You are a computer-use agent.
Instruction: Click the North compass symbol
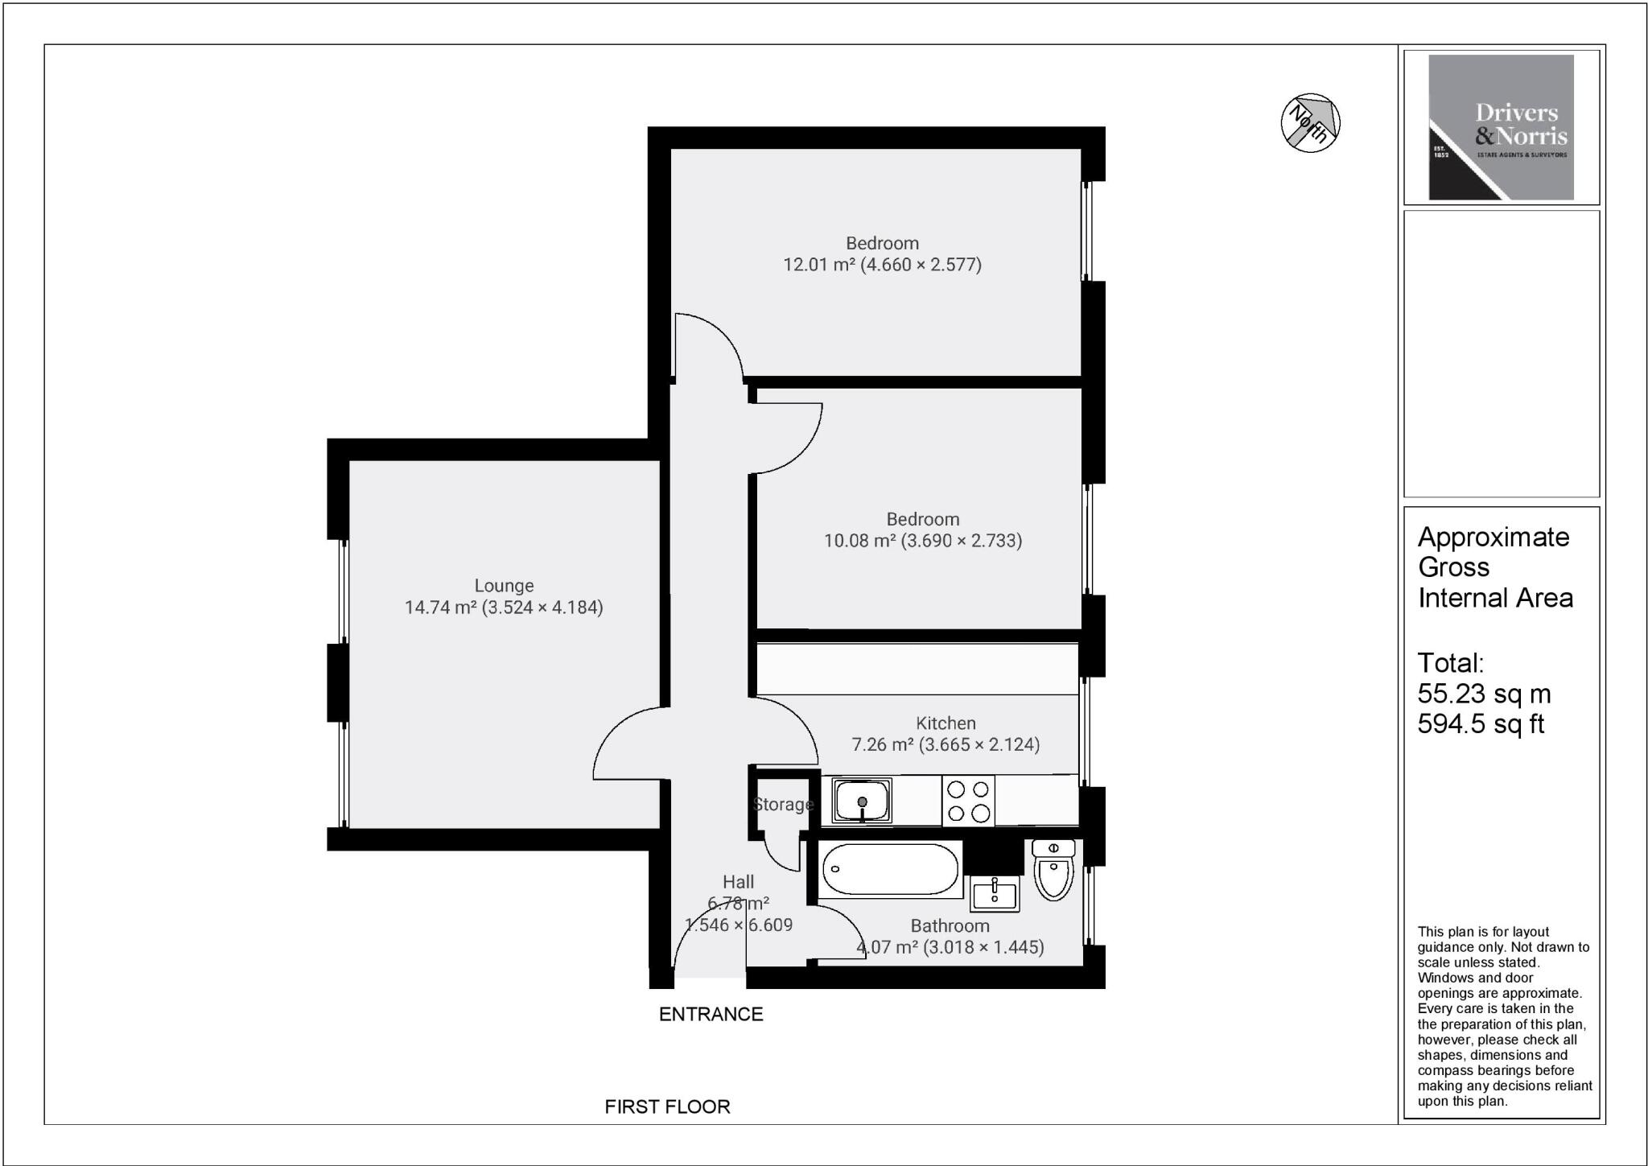(1310, 122)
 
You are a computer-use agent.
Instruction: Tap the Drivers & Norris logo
(1501, 127)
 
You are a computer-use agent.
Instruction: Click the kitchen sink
(862, 801)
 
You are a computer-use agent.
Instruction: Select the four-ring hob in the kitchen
(968, 801)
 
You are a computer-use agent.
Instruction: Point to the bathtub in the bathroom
(890, 870)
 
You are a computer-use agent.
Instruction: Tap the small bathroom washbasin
(995, 893)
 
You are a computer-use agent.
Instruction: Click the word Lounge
(504, 586)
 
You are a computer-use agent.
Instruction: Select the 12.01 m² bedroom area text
(882, 265)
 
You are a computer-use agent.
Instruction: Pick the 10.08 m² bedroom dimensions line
(922, 541)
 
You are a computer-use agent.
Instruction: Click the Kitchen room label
(946, 723)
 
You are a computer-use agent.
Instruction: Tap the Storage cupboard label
(783, 805)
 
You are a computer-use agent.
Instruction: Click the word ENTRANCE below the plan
(711, 1015)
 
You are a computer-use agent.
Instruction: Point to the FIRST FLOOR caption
(667, 1107)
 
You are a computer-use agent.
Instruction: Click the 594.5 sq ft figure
(1481, 724)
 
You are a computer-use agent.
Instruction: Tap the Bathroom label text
(950, 926)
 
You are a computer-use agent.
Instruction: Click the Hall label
(738, 883)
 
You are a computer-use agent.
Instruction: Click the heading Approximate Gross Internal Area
(1494, 567)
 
